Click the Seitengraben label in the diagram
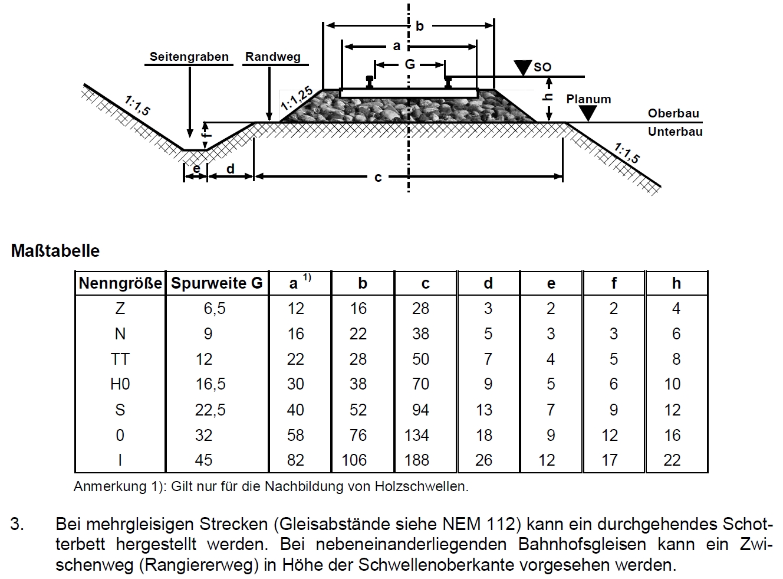point(189,57)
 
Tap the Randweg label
point(273,57)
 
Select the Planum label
point(588,99)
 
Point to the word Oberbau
point(673,113)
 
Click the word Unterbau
point(675,132)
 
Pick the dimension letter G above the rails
point(410,64)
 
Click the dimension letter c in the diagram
point(378,177)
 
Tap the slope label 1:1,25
point(297,98)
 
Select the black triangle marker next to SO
point(522,68)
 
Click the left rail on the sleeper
point(370,82)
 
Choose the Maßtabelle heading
point(55,251)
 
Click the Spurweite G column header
point(217,283)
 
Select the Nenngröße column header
point(120,283)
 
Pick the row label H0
point(120,384)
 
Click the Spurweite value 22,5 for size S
point(210,410)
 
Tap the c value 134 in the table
point(417,435)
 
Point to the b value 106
point(354,460)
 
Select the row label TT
point(120,359)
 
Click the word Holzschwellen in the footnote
point(422,487)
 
